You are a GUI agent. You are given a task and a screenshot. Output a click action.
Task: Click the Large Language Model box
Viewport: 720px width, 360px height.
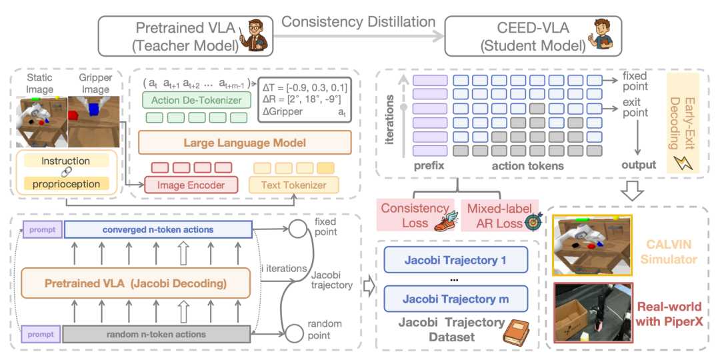click(x=245, y=142)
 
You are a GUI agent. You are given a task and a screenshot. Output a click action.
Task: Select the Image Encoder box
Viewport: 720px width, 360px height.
click(x=191, y=185)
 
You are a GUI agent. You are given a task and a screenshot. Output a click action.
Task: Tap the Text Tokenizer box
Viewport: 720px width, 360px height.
click(x=294, y=185)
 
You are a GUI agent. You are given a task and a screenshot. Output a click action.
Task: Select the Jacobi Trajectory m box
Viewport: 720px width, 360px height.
click(x=455, y=299)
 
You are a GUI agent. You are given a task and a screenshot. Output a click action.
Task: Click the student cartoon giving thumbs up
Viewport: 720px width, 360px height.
click(x=598, y=35)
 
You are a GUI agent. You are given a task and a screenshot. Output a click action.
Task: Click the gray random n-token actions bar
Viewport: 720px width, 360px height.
click(x=157, y=334)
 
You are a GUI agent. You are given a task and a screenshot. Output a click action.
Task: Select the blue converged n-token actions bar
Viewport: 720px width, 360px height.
click(x=159, y=229)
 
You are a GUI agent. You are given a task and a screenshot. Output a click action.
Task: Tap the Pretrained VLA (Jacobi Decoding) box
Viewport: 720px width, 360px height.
click(x=135, y=283)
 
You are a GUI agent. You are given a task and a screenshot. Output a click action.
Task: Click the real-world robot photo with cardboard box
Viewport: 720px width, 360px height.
click(x=593, y=312)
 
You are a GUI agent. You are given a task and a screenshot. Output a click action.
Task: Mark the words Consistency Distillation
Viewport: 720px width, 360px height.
click(x=358, y=21)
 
